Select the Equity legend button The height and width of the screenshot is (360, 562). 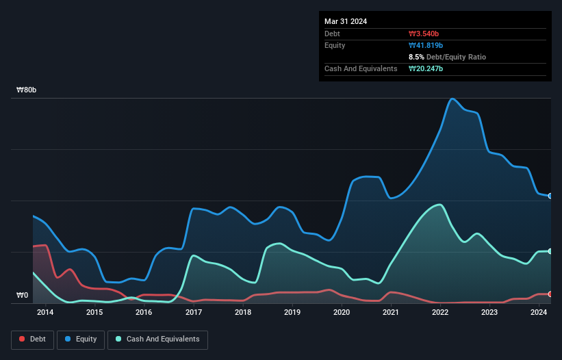click(81, 339)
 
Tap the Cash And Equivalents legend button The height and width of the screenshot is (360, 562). click(157, 339)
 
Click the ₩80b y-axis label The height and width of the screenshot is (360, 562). click(27, 90)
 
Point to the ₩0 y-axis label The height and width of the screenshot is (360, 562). click(23, 296)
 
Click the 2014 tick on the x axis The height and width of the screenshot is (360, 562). click(45, 313)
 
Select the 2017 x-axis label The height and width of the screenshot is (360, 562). click(194, 313)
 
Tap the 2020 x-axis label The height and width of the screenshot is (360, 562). click(342, 313)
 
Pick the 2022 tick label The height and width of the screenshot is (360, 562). click(440, 313)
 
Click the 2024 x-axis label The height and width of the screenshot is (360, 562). click(539, 313)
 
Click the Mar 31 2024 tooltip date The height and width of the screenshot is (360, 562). click(346, 21)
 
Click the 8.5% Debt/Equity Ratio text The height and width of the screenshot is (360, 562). click(447, 57)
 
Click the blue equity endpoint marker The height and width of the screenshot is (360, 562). click(550, 196)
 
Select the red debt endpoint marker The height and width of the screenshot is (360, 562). click(550, 294)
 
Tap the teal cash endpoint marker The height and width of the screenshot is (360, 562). click(550, 251)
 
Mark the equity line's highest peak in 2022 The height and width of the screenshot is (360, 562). click(452, 99)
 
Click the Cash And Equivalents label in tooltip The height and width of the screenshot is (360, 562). click(361, 68)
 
